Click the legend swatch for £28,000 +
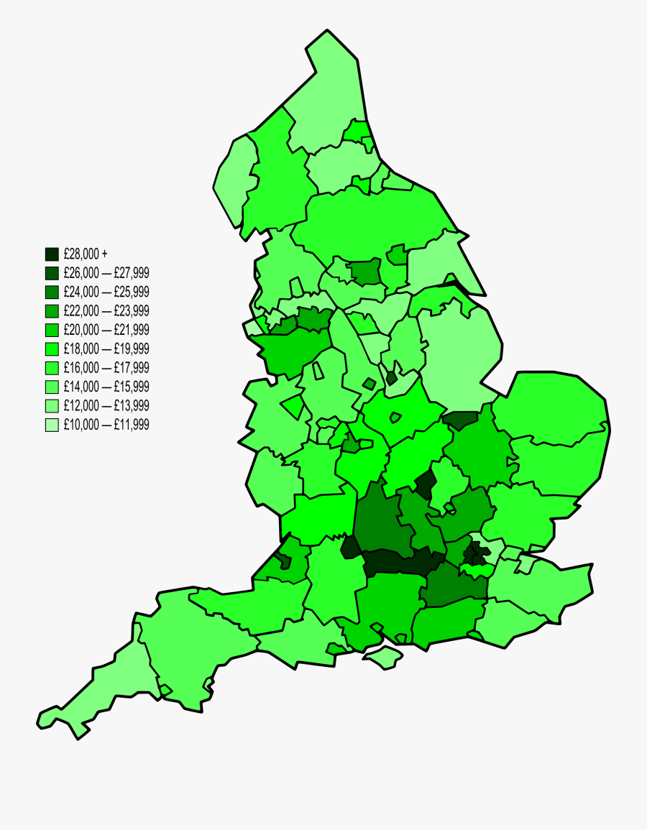click(52, 254)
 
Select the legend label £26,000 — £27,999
click(106, 273)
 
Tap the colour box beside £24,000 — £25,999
click(52, 292)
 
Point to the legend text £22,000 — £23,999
click(106, 311)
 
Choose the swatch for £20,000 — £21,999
click(52, 330)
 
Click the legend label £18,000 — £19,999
click(106, 349)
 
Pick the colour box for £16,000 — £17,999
click(52, 368)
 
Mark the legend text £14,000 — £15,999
click(106, 387)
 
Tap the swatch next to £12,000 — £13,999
click(52, 405)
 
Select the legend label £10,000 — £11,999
click(106, 425)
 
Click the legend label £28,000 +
click(86, 254)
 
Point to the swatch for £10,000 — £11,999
click(52, 425)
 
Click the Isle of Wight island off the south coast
click(382, 656)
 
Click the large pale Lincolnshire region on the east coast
click(453, 345)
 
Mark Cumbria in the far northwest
click(273, 180)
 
